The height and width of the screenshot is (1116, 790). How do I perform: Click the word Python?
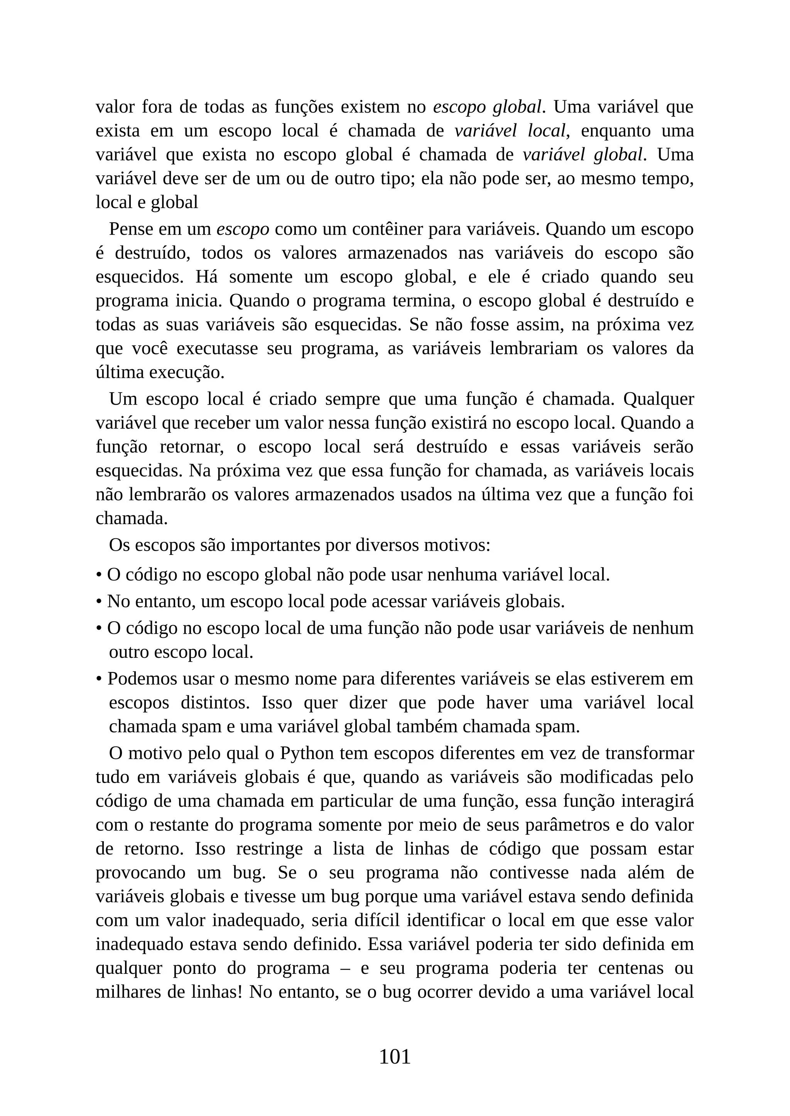306,753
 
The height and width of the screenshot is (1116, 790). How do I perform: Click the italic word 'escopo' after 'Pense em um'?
242,229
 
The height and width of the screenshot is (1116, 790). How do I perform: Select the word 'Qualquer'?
658,399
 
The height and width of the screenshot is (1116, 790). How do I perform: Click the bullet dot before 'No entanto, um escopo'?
99,602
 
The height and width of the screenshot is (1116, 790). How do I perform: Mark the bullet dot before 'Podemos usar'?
99,679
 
